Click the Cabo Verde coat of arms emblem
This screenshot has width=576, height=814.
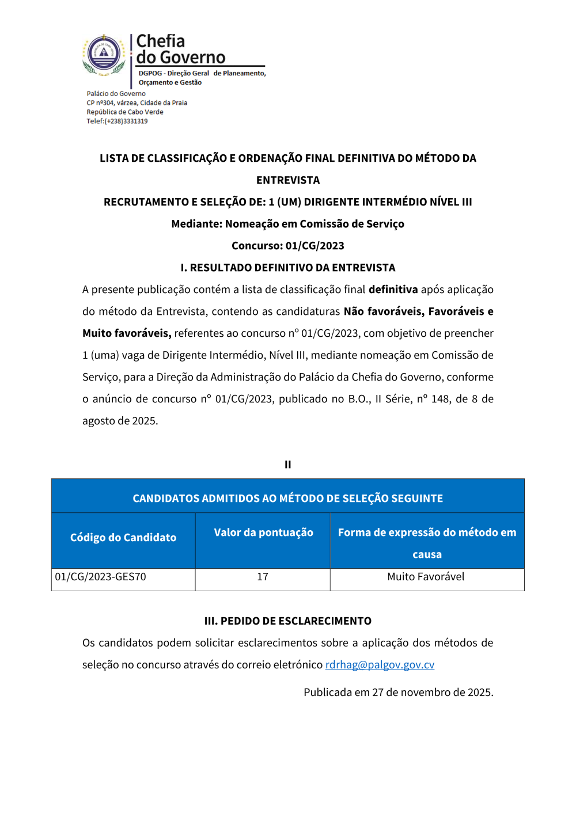104,55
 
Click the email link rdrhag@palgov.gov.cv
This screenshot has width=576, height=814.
380,665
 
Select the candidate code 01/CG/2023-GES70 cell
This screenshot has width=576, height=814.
101,577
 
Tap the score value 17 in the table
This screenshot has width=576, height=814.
263,577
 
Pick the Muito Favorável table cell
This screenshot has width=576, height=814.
426,577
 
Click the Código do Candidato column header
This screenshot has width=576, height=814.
123,538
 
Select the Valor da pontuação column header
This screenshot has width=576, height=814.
263,532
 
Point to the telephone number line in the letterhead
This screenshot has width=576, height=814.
117,121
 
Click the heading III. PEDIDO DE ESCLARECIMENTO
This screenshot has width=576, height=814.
287,621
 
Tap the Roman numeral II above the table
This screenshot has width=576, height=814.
287,465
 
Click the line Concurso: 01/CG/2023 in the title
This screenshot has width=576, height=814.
287,246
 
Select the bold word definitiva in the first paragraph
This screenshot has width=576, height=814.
393,290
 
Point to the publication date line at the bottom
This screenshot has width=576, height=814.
398,693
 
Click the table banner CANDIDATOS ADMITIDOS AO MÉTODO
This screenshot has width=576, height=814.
287,499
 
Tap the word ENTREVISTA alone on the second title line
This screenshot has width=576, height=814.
287,180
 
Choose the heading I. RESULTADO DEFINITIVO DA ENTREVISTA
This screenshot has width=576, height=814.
287,268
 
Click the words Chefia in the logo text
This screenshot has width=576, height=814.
161,41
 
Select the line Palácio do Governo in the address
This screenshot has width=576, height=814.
116,94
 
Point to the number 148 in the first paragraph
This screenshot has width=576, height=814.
440,399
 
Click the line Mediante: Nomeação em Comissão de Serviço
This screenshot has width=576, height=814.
287,224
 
